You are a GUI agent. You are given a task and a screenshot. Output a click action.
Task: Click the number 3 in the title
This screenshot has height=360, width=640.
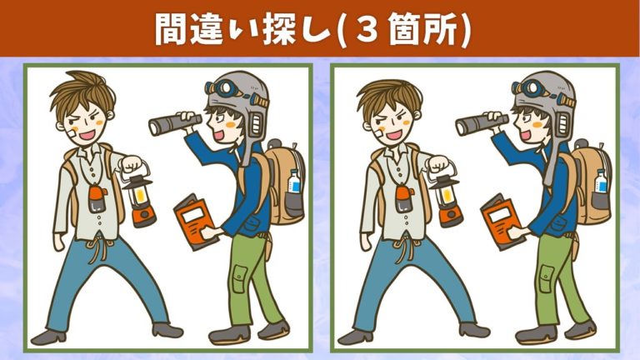click(369, 30)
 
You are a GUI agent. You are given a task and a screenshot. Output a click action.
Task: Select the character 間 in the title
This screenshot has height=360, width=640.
click(172, 30)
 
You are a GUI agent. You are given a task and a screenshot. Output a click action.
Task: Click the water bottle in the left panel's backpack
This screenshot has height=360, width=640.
click(294, 181)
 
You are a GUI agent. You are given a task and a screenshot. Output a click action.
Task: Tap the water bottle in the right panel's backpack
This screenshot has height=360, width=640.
click(601, 181)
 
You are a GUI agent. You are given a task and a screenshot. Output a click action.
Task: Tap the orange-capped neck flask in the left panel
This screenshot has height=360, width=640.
click(97, 199)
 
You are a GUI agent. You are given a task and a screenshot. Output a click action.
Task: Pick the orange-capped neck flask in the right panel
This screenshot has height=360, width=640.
click(403, 199)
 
